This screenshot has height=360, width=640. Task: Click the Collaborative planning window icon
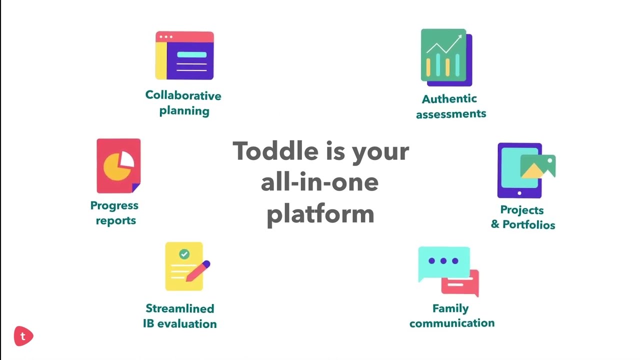coord(184,55)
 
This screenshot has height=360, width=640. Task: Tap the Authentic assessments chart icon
coord(446,57)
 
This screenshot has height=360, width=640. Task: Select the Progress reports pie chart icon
coord(118,166)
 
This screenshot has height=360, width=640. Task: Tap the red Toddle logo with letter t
coord(23,336)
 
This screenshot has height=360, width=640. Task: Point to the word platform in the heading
coord(320,214)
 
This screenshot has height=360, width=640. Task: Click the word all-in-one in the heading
coord(320,182)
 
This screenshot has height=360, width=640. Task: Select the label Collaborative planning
coord(183,103)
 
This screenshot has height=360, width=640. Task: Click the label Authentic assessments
coord(450,106)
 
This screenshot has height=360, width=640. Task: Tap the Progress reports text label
coord(114,213)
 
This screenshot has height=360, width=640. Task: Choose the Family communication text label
coord(451,315)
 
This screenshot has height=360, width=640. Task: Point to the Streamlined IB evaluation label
coord(180,316)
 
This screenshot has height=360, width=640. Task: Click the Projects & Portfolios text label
coord(522,217)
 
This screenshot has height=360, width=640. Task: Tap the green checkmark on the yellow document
coord(184,254)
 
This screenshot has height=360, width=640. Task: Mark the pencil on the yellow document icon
coord(198,270)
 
